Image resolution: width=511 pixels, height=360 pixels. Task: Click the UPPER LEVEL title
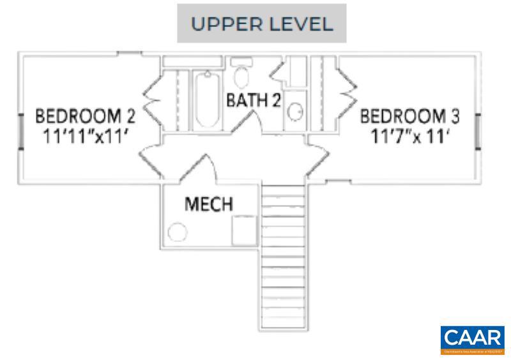point(262,24)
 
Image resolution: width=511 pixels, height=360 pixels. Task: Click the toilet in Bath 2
point(241,75)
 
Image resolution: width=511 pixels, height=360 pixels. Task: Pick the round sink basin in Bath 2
point(294,112)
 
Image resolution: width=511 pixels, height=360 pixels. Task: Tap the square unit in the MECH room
point(245,230)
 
